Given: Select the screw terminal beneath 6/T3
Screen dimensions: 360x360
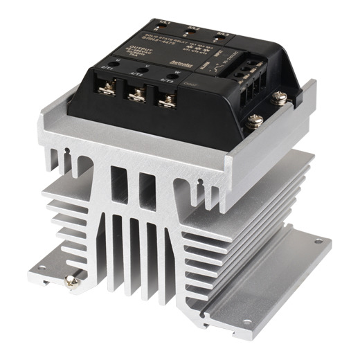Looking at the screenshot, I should (x=166, y=101).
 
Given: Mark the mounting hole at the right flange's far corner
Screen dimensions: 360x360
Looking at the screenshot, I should (x=318, y=243).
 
